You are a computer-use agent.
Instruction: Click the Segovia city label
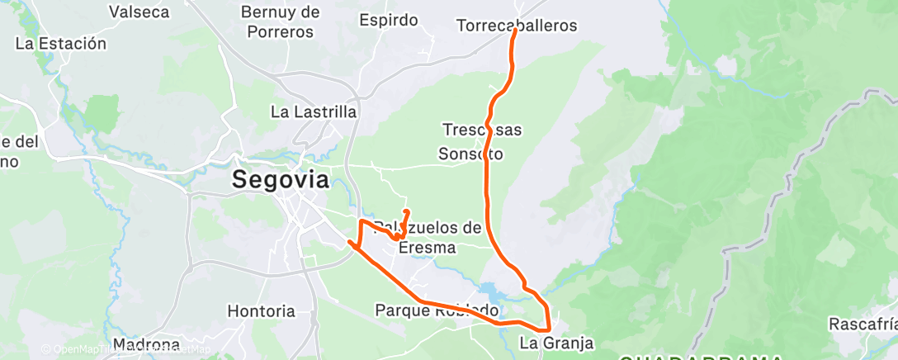pyautogui.click(x=280, y=180)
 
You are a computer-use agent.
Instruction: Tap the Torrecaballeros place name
pyautogui.click(x=517, y=26)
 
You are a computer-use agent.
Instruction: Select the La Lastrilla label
pyautogui.click(x=314, y=111)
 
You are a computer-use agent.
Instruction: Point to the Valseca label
pyautogui.click(x=139, y=12)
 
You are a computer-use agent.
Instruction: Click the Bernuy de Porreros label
pyautogui.click(x=280, y=22)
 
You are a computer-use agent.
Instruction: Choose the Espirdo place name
pyautogui.click(x=389, y=20)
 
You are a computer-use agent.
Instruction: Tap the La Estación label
pyautogui.click(x=61, y=44)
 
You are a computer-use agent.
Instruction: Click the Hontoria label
pyautogui.click(x=261, y=311)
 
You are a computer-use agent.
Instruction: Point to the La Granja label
pyautogui.click(x=556, y=342)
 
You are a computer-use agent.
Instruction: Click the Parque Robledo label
pyautogui.click(x=437, y=310)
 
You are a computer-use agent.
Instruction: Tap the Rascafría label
pyautogui.click(x=863, y=322)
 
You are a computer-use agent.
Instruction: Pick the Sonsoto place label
pyautogui.click(x=470, y=154)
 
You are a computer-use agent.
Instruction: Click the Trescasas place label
pyautogui.click(x=482, y=130)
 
